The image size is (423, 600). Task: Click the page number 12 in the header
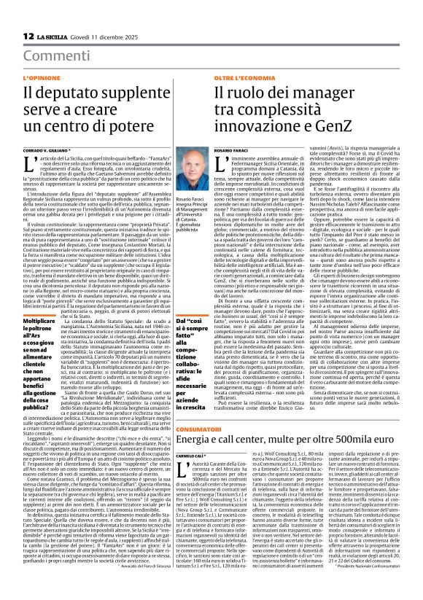tap(28, 36)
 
